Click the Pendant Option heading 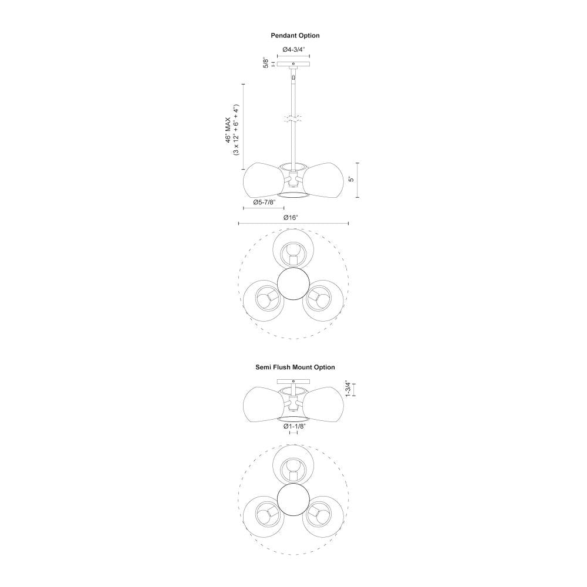tap(295, 36)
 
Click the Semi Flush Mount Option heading tap(295, 367)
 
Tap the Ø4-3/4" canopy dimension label tap(294, 49)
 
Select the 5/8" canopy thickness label tap(266, 63)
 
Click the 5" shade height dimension tap(351, 179)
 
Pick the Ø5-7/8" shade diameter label tap(264, 202)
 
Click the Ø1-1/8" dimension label tap(294, 426)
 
